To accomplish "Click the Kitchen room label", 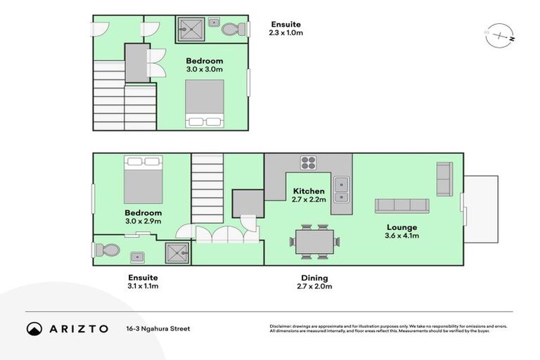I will click(x=309, y=191).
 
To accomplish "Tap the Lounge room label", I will click(x=401, y=227).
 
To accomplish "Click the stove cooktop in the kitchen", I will click(x=309, y=163).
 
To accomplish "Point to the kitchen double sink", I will click(x=342, y=185).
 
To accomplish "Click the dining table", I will click(x=314, y=242).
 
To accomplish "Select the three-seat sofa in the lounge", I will click(x=401, y=205).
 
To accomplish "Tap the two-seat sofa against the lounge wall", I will click(x=444, y=179).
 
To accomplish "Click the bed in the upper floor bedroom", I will click(x=205, y=103).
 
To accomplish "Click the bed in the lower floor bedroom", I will click(x=143, y=180).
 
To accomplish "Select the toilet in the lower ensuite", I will click(x=108, y=250).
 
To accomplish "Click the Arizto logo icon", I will click(x=34, y=328).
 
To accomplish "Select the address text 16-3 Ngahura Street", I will click(x=158, y=328).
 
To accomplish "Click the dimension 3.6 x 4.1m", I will click(x=401, y=236).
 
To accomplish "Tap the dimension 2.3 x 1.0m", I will click(x=286, y=32).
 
